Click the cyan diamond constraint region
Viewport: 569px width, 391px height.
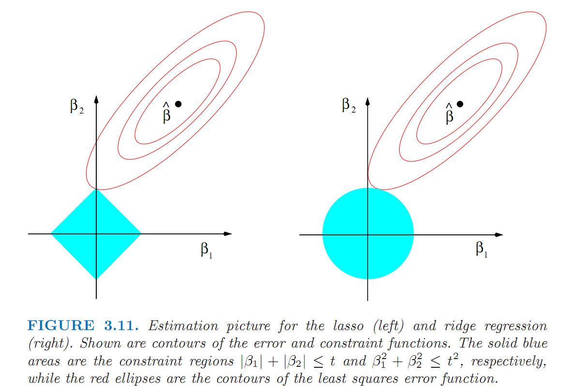point(96,234)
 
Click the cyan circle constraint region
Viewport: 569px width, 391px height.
point(368,233)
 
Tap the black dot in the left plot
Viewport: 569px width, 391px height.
point(178,104)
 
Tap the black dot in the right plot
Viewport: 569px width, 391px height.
point(460,104)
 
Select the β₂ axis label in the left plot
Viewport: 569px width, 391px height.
point(76,106)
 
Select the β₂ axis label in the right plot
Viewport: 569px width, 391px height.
point(349,105)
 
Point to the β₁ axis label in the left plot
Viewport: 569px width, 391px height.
point(207,250)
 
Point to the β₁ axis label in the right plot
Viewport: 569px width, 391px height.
point(481,249)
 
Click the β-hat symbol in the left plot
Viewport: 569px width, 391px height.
point(166,113)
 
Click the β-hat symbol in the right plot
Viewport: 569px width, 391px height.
point(449,113)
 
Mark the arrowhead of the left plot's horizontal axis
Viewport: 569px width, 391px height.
point(227,234)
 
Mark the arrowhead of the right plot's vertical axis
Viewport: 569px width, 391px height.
point(368,101)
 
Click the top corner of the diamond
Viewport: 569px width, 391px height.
point(96,189)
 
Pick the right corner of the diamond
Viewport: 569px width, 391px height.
point(141,234)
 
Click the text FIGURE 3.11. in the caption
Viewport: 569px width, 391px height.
point(83,325)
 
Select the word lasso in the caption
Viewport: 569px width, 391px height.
point(348,326)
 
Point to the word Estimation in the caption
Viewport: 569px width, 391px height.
point(183,326)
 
